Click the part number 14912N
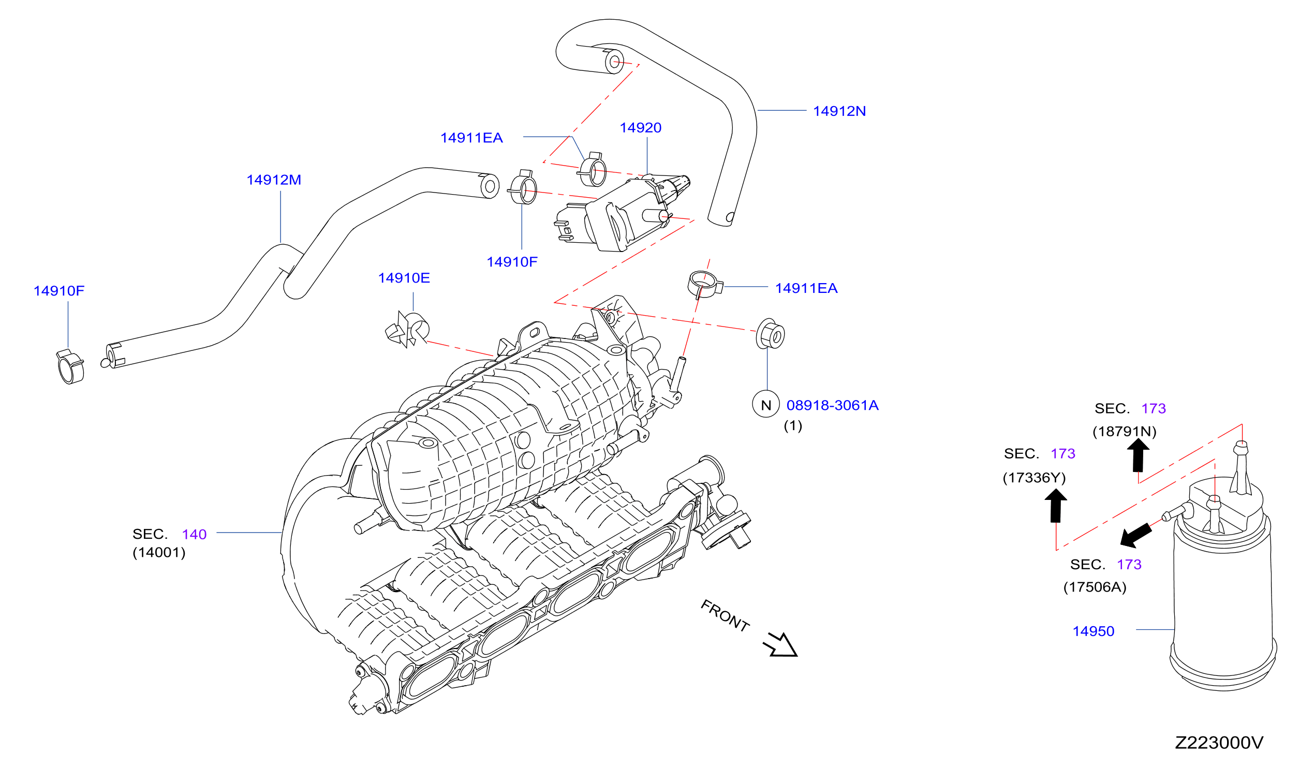coord(839,111)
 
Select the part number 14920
coord(640,128)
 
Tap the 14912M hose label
coord(274,180)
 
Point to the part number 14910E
coord(404,278)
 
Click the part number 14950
coord(1094,631)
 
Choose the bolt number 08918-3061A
coord(832,405)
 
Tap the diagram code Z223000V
coord(1219,743)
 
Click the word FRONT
coord(725,616)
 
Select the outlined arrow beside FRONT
coord(781,645)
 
